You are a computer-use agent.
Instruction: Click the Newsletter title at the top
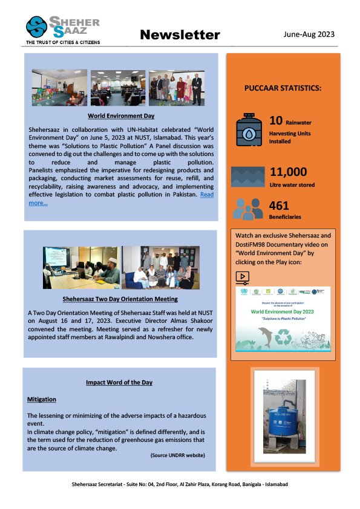[x=180, y=35]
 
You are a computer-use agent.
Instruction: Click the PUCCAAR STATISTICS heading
[x=283, y=88]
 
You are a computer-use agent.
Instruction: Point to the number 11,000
[x=288, y=172]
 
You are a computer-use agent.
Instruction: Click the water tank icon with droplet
[x=249, y=129]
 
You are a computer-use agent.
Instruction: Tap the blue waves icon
[x=248, y=177]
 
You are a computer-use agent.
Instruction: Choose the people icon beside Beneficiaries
[x=248, y=209]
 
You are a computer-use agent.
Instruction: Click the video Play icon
[x=242, y=277]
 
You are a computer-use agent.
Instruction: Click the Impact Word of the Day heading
[x=119, y=383]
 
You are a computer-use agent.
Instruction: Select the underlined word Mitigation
[x=42, y=400]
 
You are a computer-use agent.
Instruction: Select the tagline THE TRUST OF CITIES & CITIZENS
[x=62, y=43]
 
